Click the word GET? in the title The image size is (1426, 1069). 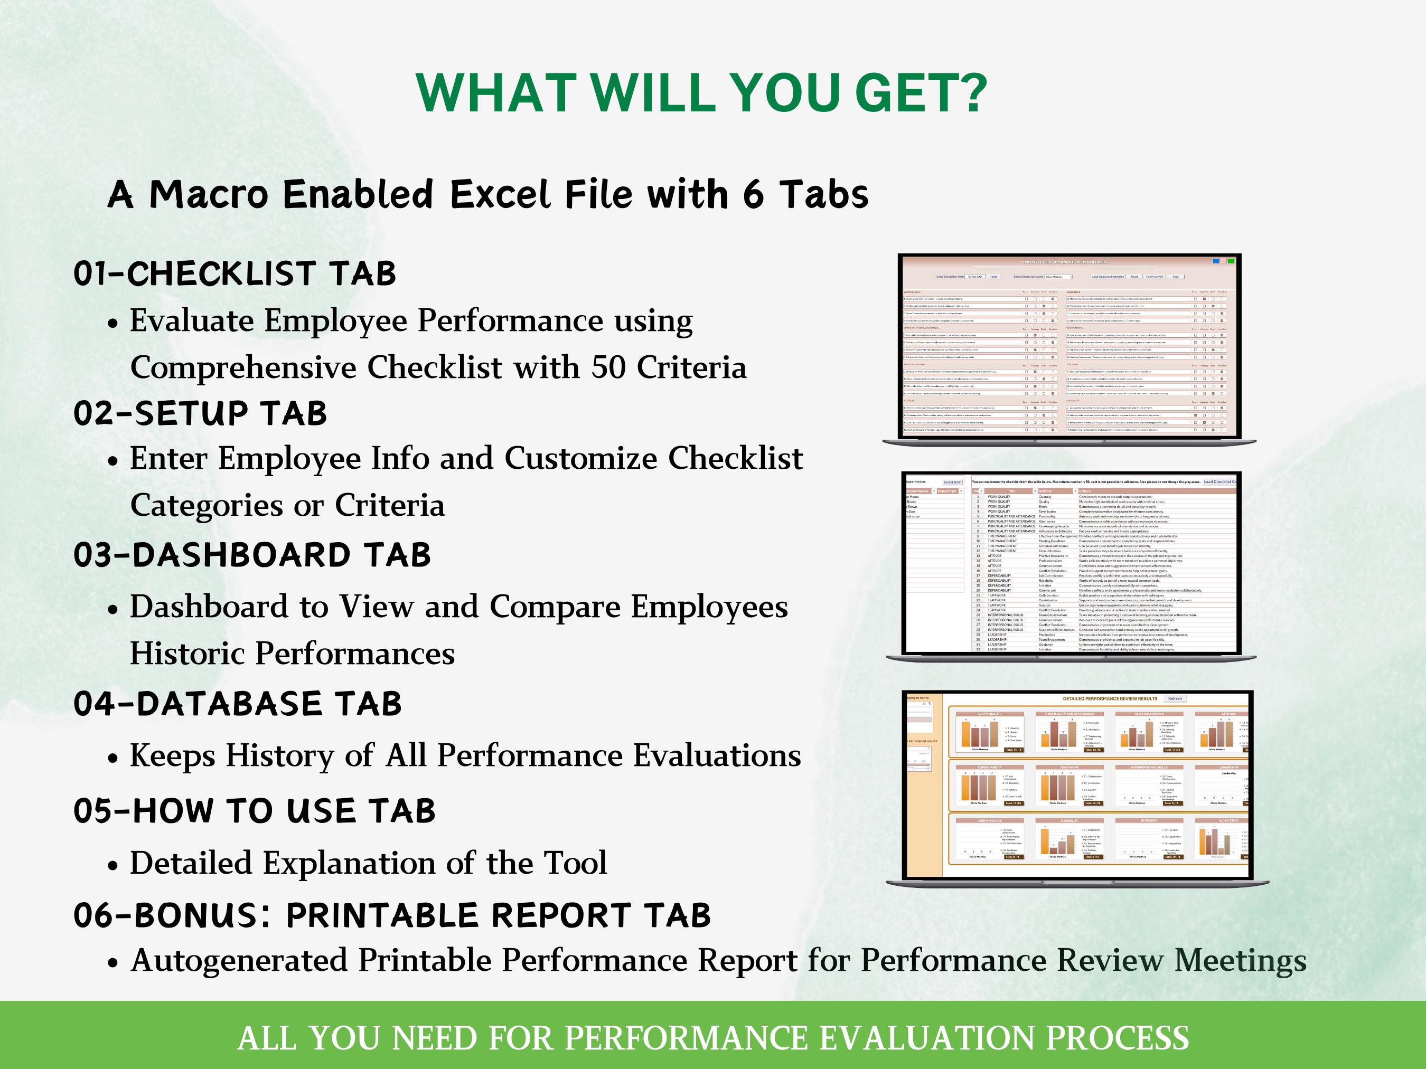click(x=921, y=93)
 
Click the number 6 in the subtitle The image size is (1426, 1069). click(x=753, y=195)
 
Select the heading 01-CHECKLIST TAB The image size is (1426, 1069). click(x=234, y=274)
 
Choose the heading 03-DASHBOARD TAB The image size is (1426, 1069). click(x=252, y=555)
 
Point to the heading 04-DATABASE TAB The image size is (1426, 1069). click(x=237, y=704)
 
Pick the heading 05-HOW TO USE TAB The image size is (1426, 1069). click(x=255, y=811)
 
